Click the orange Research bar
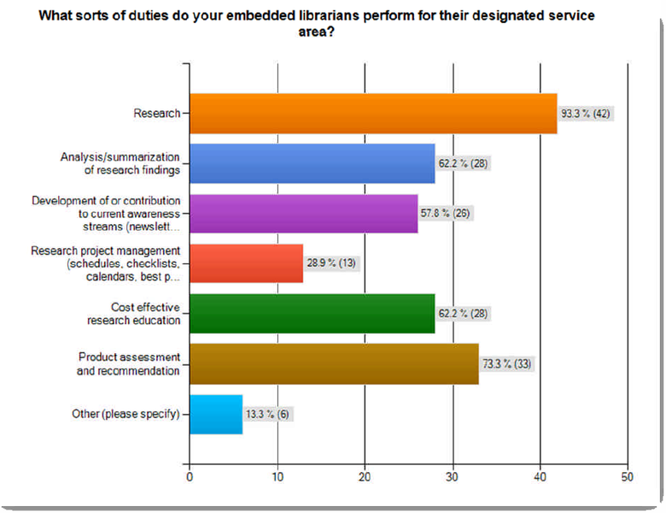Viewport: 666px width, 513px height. click(372, 114)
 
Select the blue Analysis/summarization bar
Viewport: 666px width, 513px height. click(312, 163)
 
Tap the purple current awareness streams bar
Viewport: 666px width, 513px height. click(303, 214)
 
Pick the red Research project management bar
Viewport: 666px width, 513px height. click(246, 263)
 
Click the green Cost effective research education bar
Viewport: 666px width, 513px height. click(312, 314)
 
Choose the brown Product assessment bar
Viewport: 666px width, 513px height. click(334, 364)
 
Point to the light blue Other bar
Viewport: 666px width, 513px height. click(216, 415)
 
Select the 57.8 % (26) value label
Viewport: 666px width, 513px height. click(448, 213)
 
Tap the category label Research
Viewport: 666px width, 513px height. click(156, 114)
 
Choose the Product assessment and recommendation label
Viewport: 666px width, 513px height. click(129, 364)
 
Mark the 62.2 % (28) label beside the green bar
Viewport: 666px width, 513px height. click(465, 314)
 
